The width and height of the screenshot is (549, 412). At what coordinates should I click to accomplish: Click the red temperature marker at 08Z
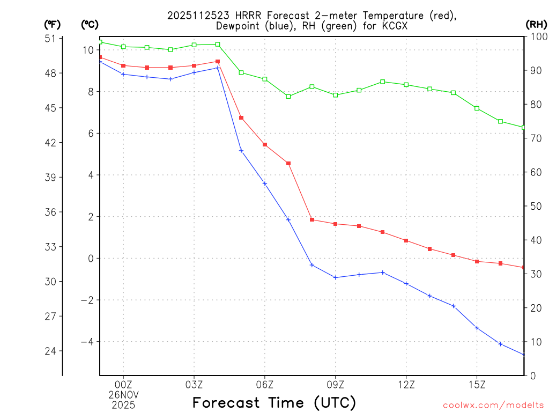pos(312,219)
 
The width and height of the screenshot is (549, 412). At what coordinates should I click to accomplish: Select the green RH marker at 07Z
pos(288,97)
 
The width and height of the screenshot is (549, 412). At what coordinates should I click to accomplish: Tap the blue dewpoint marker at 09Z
pos(336,277)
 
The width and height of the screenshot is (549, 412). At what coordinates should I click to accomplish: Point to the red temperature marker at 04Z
pos(218,61)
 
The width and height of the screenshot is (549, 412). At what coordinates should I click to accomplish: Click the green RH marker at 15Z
pos(477,108)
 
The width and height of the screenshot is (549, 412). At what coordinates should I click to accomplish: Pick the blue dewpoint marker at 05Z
pos(241,151)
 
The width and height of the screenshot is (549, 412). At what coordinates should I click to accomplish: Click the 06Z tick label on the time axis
pos(265,384)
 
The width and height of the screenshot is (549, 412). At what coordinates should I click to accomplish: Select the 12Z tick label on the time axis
pos(406,384)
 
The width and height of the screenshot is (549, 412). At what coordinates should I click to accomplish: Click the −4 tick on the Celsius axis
pos(87,342)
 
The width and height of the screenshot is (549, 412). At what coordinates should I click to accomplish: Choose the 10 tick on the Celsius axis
pos(88,50)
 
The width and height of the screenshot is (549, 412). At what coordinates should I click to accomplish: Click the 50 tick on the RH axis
pos(535,206)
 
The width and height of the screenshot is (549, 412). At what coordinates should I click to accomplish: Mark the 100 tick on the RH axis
pos(537,36)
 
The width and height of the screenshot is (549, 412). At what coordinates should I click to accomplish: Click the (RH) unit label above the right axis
pos(536,24)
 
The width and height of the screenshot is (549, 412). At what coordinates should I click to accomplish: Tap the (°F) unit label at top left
pos(53,24)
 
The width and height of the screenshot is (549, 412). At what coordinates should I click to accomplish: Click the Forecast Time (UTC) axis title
pos(274,402)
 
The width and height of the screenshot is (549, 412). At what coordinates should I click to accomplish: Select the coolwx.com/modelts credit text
pos(493,405)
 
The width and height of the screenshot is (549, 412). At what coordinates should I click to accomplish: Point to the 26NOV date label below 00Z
pos(123,394)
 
